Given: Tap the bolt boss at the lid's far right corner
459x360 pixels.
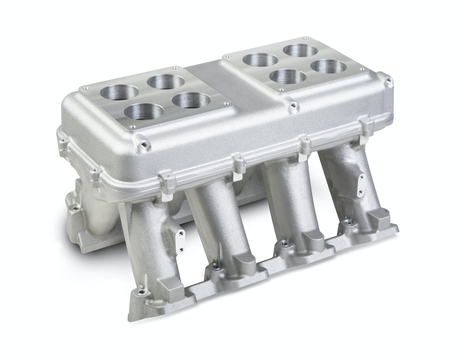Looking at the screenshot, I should pos(389,80).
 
